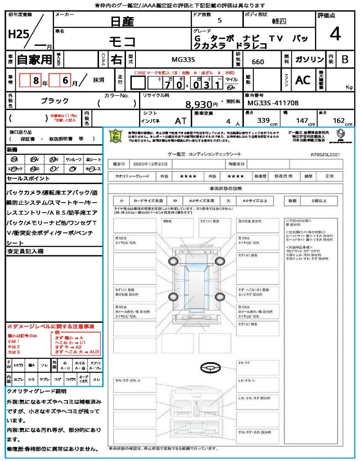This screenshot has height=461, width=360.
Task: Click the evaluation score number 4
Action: [335, 34]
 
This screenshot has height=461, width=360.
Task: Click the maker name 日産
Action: [122, 21]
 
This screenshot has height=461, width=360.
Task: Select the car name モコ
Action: [122, 42]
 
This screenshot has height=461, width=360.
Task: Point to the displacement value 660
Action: [258, 62]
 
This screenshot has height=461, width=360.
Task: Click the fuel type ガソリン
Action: [309, 59]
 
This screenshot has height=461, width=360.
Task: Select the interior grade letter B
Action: [345, 59]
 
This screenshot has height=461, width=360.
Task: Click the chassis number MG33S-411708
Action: [273, 103]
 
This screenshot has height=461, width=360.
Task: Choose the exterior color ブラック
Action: [55, 101]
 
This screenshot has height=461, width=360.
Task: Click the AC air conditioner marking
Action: [303, 80]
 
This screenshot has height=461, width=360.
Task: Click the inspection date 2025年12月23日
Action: [151, 164]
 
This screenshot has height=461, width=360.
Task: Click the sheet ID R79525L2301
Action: [325, 154]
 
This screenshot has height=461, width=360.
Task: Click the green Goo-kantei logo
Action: [116, 135]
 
